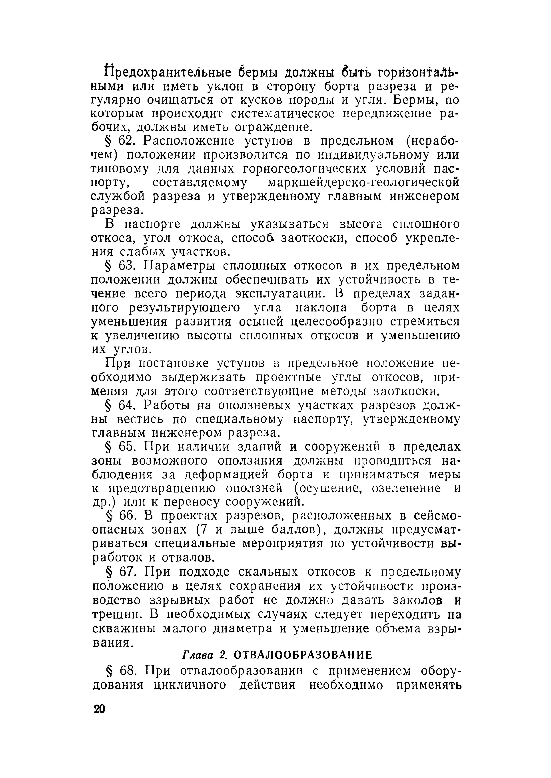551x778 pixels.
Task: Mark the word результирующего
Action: (185, 308)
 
